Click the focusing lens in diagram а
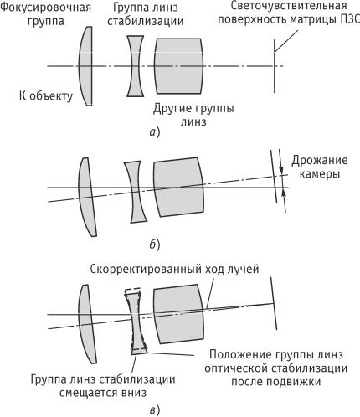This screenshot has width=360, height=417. (x=86, y=66)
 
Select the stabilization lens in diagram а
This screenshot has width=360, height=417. (x=136, y=66)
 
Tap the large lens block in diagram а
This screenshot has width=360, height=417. (x=179, y=66)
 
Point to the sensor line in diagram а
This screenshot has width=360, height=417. (x=275, y=66)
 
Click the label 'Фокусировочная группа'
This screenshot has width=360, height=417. (x=45, y=14)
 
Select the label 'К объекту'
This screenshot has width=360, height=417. (x=46, y=95)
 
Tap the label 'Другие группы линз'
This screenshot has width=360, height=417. (x=193, y=115)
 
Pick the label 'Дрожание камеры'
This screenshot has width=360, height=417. (x=320, y=167)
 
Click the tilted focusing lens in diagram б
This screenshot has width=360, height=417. (x=86, y=197)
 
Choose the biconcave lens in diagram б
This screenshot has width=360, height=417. (x=136, y=192)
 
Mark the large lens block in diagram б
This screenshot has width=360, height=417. (x=179, y=187)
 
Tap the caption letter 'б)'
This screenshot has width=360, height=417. (x=154, y=245)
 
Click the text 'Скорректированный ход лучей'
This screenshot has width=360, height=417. (x=174, y=270)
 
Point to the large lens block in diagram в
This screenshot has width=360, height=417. (x=179, y=314)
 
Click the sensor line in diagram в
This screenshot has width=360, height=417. (x=274, y=303)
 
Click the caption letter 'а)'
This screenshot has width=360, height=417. (x=154, y=132)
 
